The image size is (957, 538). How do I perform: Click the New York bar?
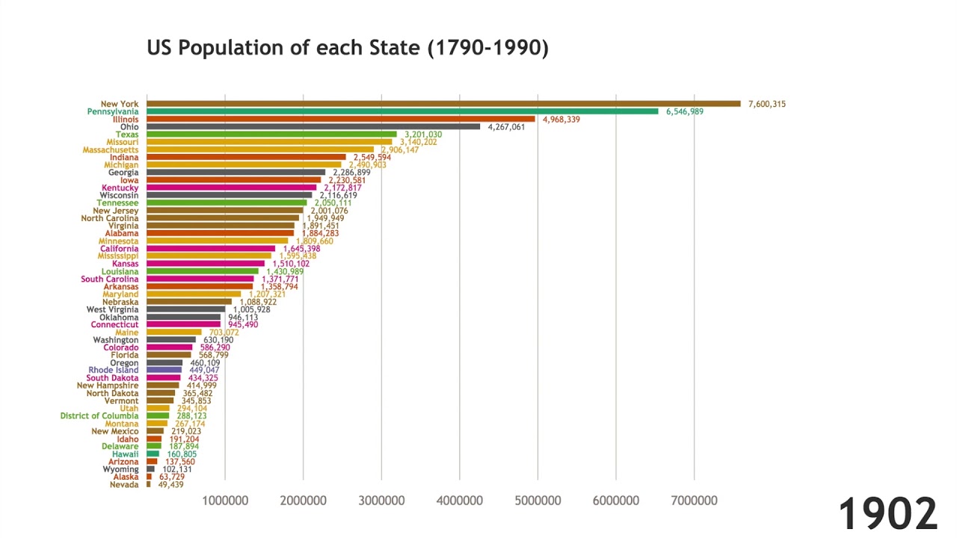(443, 104)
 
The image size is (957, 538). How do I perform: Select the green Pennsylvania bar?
(402, 111)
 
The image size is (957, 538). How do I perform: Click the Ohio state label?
(129, 127)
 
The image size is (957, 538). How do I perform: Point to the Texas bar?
(271, 134)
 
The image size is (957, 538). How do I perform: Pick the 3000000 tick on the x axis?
(381, 500)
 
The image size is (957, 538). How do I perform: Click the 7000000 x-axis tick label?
(694, 500)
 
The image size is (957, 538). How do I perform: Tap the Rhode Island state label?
(113, 370)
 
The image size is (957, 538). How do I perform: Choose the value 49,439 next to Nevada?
(170, 484)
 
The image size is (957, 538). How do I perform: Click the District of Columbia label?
(99, 415)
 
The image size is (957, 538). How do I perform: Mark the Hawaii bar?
(153, 454)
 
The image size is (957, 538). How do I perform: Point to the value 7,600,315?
(766, 104)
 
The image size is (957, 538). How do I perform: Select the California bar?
(211, 249)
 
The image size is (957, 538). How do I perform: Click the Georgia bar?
(236, 173)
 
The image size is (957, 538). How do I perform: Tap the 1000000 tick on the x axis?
(225, 500)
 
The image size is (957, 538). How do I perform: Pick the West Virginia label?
(112, 309)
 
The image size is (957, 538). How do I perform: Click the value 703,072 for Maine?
(224, 333)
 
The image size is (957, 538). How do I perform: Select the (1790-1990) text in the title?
(487, 48)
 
